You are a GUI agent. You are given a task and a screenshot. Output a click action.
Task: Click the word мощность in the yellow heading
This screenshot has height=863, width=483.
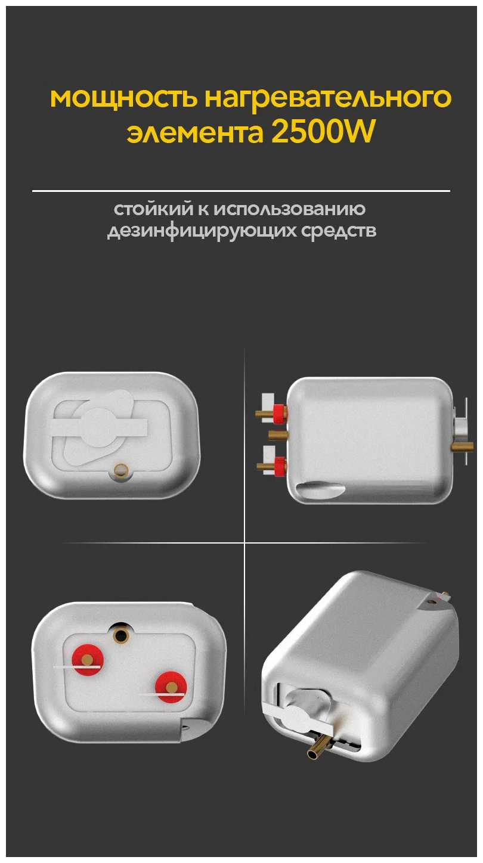coord(123,99)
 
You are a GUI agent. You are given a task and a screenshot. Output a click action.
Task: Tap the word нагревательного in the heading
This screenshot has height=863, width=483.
coord(327,99)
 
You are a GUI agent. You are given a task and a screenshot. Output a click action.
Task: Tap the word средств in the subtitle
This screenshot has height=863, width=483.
coord(339,231)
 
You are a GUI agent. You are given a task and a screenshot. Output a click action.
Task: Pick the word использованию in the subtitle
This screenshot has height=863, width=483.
coord(289,210)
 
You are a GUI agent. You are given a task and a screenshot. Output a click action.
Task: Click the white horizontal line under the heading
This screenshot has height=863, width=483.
coord(241,191)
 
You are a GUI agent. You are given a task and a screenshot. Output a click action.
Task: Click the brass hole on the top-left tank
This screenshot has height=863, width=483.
coord(122,470)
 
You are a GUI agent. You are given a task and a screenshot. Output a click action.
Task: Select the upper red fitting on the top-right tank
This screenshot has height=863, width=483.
coord(278,412)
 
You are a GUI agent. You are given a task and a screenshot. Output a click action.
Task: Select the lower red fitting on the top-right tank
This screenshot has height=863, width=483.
coord(278,466)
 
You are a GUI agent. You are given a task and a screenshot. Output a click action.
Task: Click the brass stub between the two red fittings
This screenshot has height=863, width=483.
coord(278,436)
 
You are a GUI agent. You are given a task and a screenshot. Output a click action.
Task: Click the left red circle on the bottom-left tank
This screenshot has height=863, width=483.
coord(88,659)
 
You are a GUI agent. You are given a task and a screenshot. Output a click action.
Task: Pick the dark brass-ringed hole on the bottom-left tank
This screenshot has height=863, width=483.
coord(122,636)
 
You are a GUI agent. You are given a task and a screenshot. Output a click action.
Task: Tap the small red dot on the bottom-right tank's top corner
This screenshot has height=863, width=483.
coord(433,600)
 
